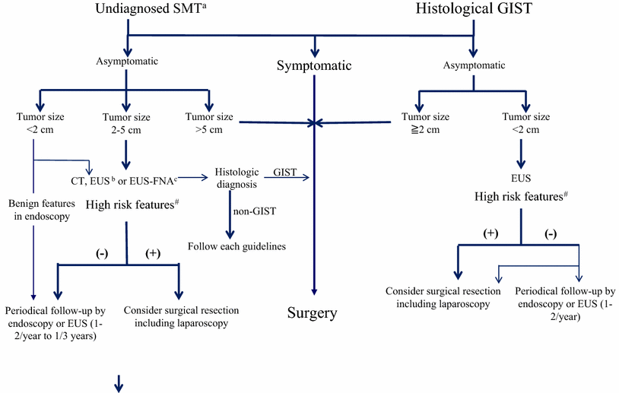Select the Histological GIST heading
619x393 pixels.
coord(474,10)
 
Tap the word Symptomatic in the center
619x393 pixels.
coord(314,65)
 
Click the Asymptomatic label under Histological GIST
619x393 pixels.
coord(474,65)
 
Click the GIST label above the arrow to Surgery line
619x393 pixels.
coord(285,173)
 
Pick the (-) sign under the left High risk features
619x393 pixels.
coord(101,254)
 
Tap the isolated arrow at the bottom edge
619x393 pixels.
coord(119,386)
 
